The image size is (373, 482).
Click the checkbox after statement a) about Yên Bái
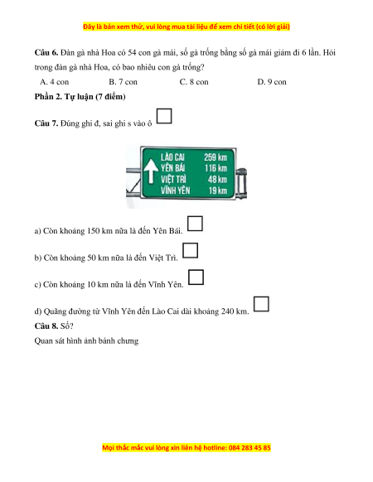[195, 224]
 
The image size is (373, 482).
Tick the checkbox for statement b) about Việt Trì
[190, 250]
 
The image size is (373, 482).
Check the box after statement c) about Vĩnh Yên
[196, 277]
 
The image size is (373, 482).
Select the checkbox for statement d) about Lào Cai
[261, 304]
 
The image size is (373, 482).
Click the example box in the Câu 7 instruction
[164, 116]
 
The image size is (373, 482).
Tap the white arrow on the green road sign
[151, 171]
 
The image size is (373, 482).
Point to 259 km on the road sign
[216, 157]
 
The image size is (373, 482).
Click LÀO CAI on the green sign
[172, 157]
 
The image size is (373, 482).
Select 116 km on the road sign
[216, 168]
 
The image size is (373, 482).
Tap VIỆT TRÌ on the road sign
[173, 179]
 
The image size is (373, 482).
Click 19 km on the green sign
[218, 190]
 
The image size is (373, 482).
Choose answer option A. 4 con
[55, 82]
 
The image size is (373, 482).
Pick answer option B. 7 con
[124, 82]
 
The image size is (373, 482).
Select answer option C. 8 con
[194, 82]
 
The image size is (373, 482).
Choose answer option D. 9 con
[272, 82]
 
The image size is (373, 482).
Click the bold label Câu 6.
[46, 52]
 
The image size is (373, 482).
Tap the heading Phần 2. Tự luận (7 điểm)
[80, 97]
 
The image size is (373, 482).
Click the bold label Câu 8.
[46, 325]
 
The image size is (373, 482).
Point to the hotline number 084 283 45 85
[249, 447]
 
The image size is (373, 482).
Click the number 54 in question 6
[132, 52]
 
